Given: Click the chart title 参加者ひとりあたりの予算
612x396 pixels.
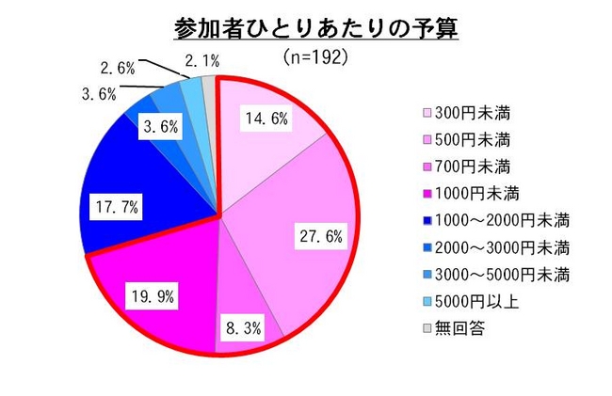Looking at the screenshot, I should (316, 27).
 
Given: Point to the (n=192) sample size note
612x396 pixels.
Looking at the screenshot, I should (316, 57).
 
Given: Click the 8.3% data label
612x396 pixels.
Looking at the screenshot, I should (243, 329).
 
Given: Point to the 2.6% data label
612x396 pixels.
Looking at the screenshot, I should (117, 68).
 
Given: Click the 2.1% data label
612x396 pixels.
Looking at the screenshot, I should (202, 60).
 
